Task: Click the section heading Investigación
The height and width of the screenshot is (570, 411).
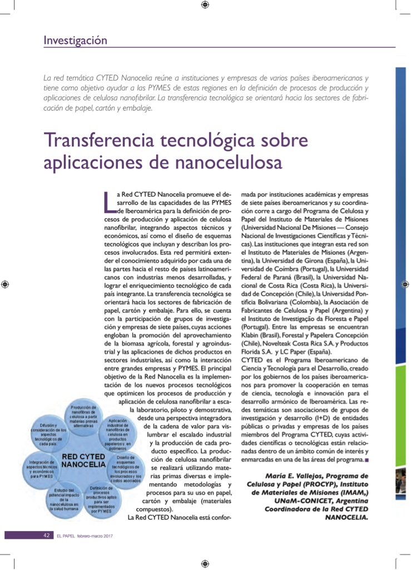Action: [75, 40]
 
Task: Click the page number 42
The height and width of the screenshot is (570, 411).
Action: [47, 535]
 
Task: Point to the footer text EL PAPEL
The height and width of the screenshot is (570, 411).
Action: [66, 536]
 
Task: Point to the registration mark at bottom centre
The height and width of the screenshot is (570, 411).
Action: [205, 564]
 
